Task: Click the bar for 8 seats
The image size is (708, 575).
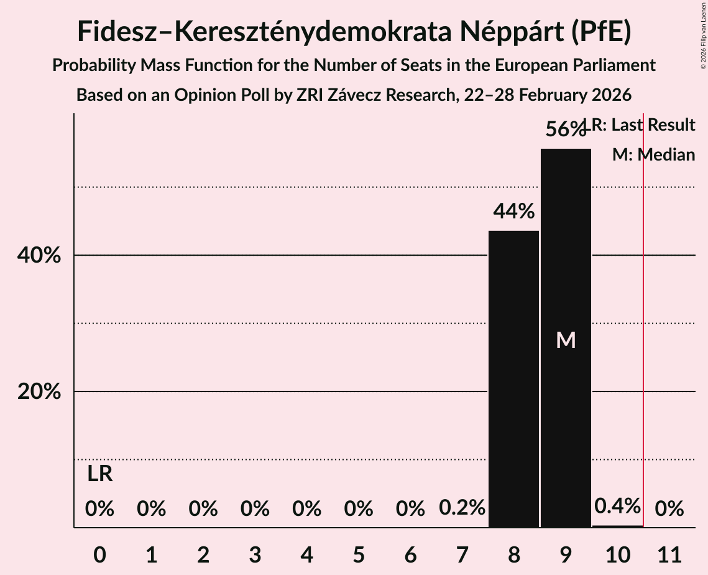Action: (513, 379)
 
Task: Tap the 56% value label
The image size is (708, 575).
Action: (565, 129)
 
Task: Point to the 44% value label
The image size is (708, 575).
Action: (513, 212)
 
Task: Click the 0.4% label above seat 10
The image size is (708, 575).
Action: (617, 506)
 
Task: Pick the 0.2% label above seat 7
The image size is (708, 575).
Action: (462, 508)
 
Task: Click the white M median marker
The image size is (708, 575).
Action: (566, 340)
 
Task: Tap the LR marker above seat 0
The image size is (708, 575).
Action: (99, 474)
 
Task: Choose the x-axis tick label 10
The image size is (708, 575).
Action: (617, 553)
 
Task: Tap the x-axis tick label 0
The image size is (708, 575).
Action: (99, 553)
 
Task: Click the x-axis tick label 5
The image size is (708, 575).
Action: (358, 553)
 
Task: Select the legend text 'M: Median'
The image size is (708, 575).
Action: (653, 155)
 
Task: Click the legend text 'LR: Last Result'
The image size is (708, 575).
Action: (643, 125)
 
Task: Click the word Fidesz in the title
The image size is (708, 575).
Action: (119, 32)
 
